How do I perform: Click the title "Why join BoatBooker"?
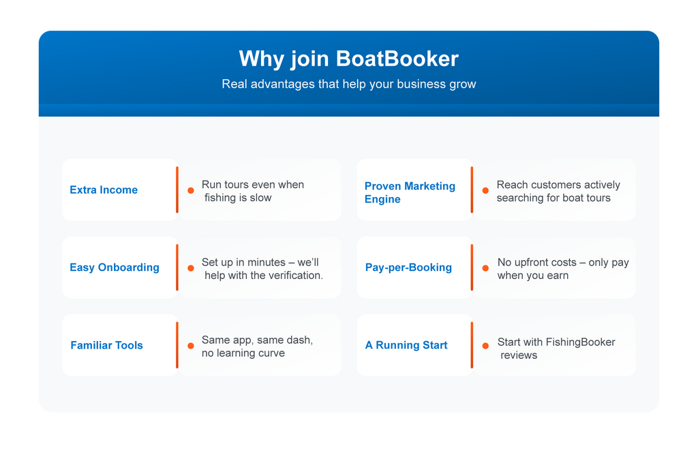point(348,59)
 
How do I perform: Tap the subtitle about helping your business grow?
point(348,85)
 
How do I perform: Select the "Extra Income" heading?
point(104,190)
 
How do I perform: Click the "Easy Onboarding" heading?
point(115,267)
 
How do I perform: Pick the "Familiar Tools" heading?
point(106,345)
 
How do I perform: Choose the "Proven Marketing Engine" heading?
point(410,192)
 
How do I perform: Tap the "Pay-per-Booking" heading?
point(408,267)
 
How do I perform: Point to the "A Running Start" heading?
point(406,345)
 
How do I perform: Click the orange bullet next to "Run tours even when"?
point(191,190)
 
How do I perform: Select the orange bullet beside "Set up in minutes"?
point(191,268)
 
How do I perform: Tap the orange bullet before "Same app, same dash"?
point(191,345)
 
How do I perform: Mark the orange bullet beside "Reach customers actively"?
point(485,190)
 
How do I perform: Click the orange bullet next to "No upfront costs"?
point(485,268)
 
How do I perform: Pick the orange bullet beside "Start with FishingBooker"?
point(485,346)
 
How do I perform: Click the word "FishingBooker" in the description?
point(580,342)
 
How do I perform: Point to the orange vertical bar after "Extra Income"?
point(177,190)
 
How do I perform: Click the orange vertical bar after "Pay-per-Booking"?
point(472,267)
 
